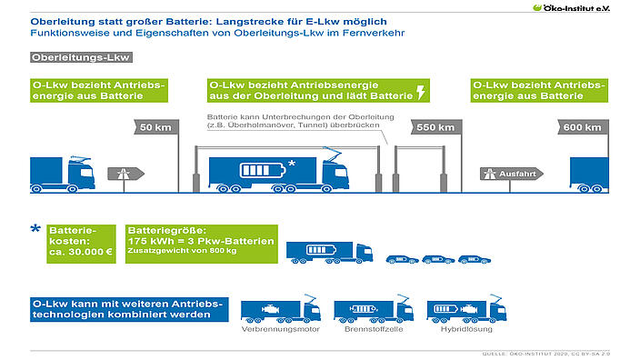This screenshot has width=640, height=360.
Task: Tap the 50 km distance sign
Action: tap(152, 127)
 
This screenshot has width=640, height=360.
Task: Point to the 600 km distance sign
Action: tap(583, 127)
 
